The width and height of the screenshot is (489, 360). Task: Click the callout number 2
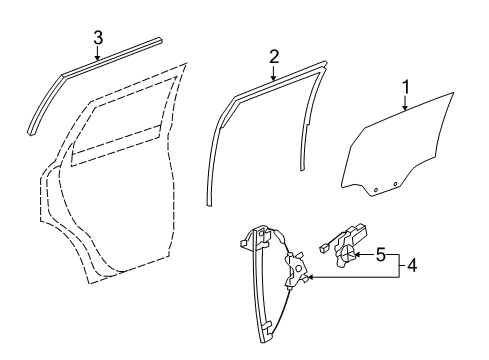[273, 58]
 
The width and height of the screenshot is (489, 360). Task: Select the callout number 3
[98, 38]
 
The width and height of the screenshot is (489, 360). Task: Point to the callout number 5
[379, 256]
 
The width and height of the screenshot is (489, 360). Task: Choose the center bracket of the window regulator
[297, 272]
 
